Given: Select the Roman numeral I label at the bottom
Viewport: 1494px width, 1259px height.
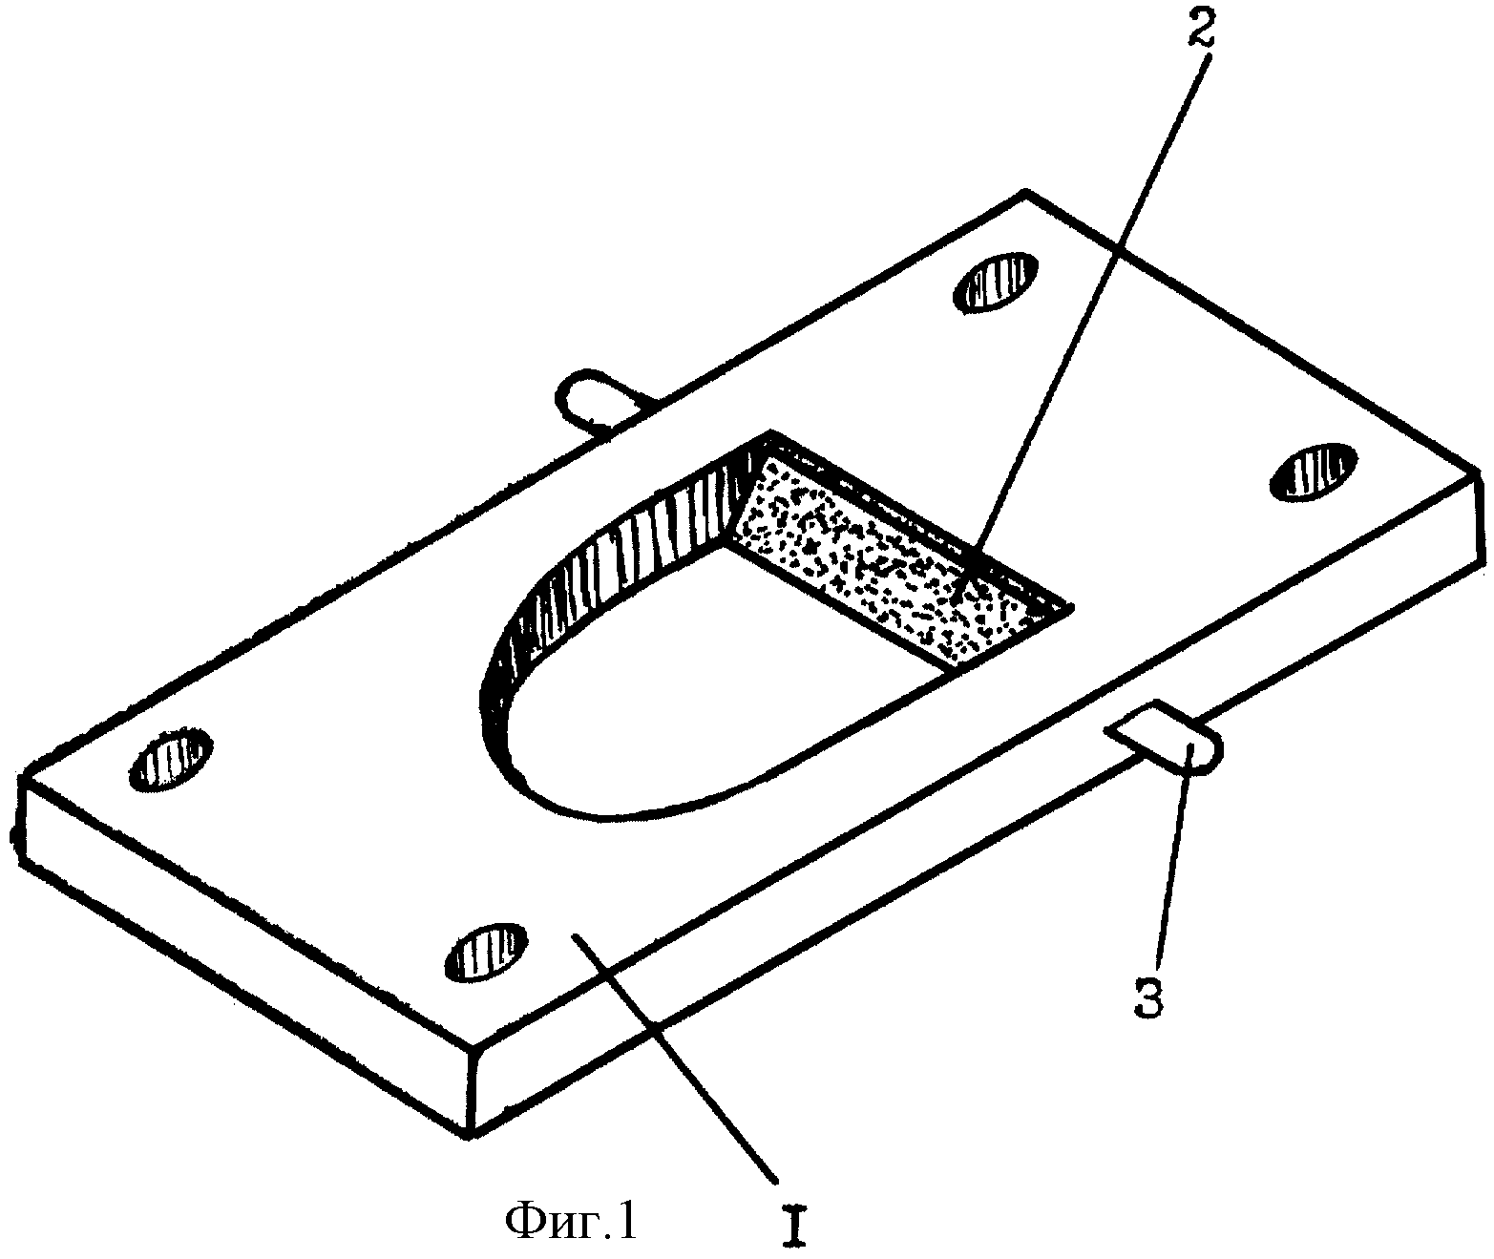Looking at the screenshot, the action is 793,1227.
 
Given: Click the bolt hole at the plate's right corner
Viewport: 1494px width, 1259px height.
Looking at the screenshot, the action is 1314,472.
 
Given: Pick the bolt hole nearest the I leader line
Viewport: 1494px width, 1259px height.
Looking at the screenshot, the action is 487,952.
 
